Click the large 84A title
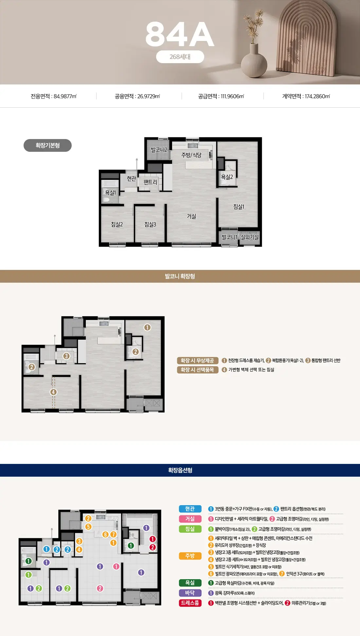point(180,34)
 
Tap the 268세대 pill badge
point(180,57)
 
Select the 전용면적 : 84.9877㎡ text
point(54,96)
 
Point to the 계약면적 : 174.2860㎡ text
point(306,96)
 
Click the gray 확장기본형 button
point(47,146)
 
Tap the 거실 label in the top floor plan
point(191,216)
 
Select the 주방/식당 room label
point(191,155)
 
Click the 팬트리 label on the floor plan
point(150,182)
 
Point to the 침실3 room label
point(150,224)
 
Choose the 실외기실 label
point(250,237)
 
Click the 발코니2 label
point(159,150)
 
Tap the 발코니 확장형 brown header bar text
point(180,276)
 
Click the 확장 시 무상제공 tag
point(197,361)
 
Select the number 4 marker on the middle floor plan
point(53,392)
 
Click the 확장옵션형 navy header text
point(180,470)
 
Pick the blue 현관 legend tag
point(190,509)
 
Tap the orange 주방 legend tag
point(190,556)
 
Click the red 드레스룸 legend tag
point(190,603)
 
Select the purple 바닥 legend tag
point(190,593)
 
